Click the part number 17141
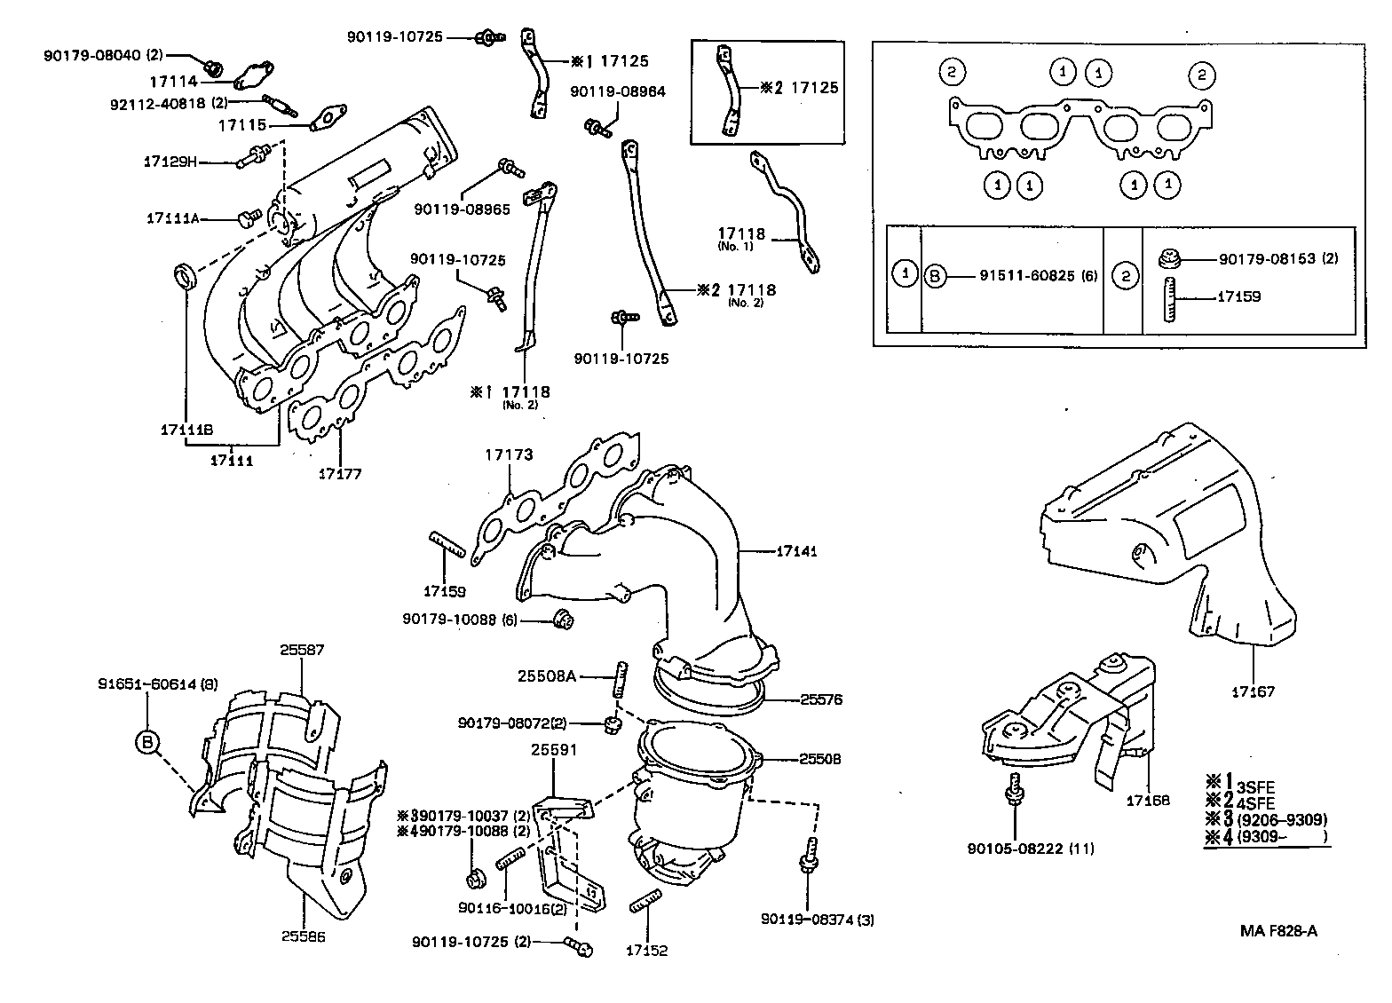(x=796, y=551)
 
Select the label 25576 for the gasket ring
(x=820, y=699)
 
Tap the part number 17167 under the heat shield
(x=1253, y=691)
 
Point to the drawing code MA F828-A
(x=1278, y=931)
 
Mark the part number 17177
(x=339, y=474)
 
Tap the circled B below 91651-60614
(x=147, y=742)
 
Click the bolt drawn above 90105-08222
(x=1014, y=788)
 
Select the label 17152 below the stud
(x=646, y=951)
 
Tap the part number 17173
(x=509, y=454)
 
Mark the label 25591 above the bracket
(x=554, y=750)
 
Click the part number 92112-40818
(x=167, y=102)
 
